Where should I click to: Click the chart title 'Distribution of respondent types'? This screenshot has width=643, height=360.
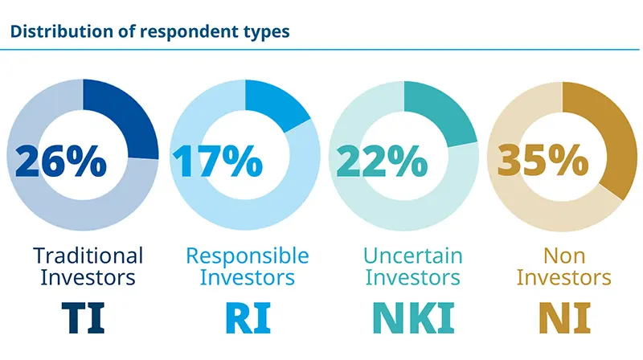[150, 33]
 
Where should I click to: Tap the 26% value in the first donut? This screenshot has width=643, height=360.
[61, 161]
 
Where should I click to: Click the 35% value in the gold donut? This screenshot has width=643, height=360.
[542, 161]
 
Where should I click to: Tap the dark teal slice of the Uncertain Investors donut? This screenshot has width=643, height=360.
[438, 113]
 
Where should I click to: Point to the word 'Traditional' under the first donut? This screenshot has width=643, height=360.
[88, 256]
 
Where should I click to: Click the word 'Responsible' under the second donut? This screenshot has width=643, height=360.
[248, 256]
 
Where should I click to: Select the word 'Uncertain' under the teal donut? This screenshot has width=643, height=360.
[413, 256]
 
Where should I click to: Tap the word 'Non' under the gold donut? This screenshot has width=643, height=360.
[563, 256]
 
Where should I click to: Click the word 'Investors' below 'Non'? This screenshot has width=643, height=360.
[563, 278]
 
